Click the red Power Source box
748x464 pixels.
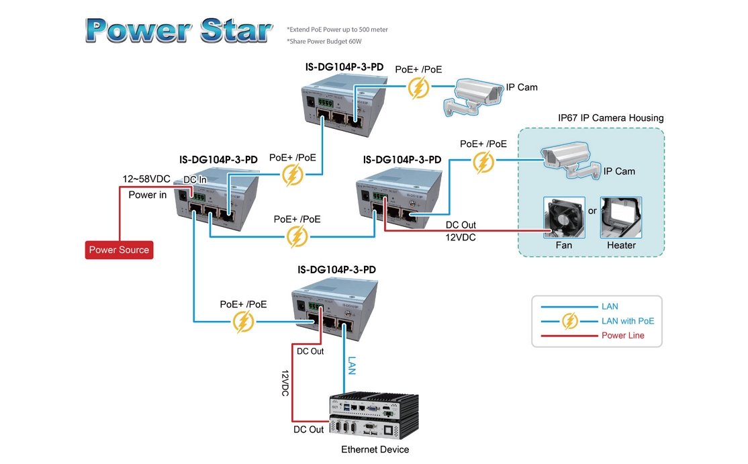[x=120, y=250]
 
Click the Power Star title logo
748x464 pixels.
[x=179, y=30]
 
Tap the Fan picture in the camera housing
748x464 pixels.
[x=563, y=217]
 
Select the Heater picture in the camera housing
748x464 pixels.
[x=621, y=217]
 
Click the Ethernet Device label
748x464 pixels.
[x=375, y=449]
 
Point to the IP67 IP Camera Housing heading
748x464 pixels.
[x=610, y=118]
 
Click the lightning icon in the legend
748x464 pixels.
[x=569, y=321]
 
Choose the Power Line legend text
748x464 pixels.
[x=622, y=335]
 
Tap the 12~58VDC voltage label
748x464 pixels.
[x=146, y=179]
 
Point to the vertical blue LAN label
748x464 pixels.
[x=352, y=365]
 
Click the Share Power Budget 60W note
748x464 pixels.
[x=324, y=42]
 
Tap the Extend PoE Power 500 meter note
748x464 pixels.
[x=337, y=30]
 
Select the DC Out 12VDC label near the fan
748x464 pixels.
[x=461, y=231]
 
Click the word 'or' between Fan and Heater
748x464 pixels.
[x=592, y=211]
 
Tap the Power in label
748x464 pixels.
[x=148, y=195]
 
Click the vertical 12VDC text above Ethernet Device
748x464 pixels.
[x=285, y=383]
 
